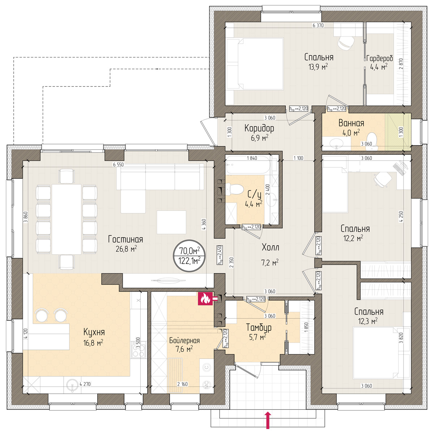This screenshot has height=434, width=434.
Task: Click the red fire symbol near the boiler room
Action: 205,299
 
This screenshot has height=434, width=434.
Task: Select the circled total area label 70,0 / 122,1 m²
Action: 189,256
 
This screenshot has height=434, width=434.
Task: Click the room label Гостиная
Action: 125,239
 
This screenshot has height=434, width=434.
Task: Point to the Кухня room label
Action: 94,332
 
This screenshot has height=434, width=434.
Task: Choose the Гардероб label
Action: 379,59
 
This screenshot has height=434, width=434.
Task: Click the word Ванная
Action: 351,123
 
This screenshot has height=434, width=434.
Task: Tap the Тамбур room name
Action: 259,327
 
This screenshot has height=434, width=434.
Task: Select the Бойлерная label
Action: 184,340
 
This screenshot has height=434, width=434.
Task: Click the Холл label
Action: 271,247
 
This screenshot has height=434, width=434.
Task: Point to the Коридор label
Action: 259,128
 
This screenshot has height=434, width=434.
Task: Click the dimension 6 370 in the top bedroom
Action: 318,25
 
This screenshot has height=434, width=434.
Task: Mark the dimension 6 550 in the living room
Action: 118,165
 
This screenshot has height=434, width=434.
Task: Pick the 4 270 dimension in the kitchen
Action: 85,384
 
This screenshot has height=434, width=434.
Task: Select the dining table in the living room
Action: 67,219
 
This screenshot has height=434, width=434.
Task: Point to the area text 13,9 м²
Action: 318,67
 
